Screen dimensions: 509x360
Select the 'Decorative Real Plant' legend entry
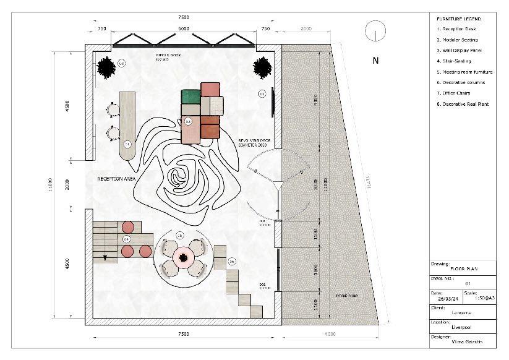(464, 104)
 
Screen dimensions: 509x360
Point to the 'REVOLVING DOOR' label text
(255, 141)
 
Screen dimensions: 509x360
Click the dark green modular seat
(190, 96)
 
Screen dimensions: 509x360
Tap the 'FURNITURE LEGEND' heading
(458, 19)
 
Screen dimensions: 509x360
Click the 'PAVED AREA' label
(346, 296)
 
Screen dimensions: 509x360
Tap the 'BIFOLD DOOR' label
(166, 54)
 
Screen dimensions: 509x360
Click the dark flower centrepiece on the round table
(183, 257)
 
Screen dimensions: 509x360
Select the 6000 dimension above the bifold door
(184, 29)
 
